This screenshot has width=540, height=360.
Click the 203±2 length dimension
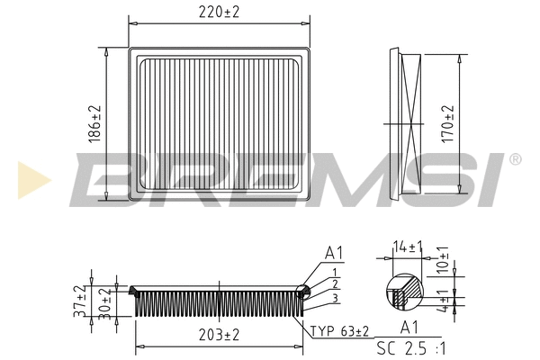pos(219,335)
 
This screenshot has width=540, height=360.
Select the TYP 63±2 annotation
pos(338,331)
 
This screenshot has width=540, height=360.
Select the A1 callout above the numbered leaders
pos(334,253)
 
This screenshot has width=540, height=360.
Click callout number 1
pos(334,272)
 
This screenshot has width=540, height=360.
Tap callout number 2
pos(334,283)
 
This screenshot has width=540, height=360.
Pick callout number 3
pos(334,297)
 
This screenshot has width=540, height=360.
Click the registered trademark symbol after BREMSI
pos(515,159)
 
